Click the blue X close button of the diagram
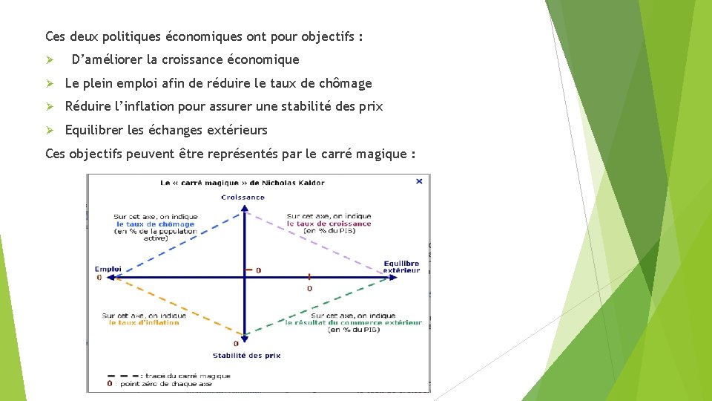(419, 180)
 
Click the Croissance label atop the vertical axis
(243, 198)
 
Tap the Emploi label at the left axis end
(108, 269)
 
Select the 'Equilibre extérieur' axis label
(401, 267)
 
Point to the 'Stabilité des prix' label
(246, 355)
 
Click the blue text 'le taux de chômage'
(155, 224)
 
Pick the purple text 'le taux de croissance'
(329, 224)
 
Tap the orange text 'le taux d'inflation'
(144, 322)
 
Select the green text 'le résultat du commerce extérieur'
(353, 322)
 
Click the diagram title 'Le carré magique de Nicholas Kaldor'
(243, 183)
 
